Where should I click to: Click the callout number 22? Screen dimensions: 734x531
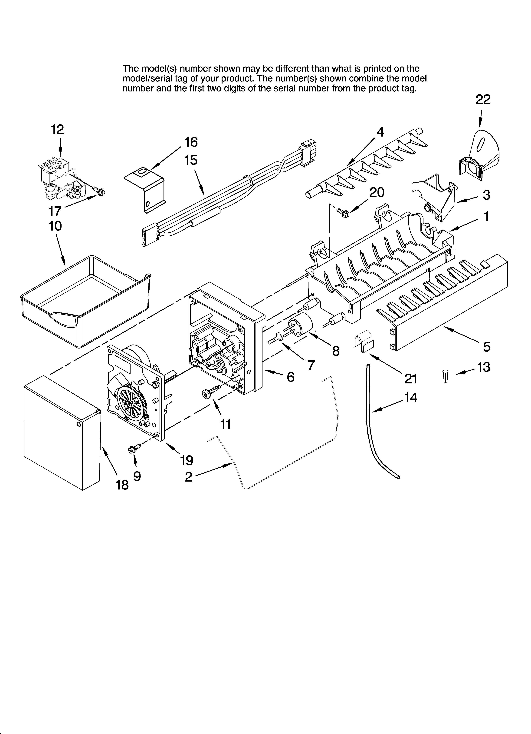tap(483, 99)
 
